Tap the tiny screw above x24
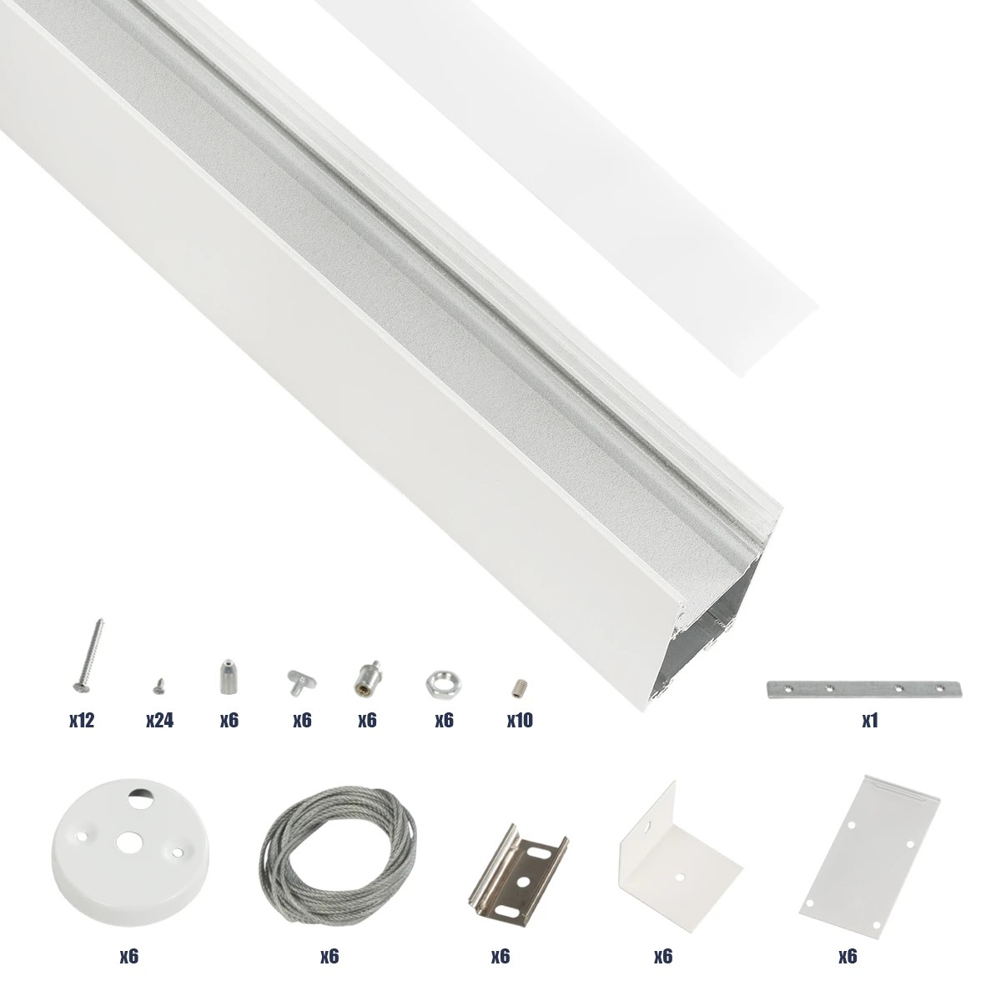(x=157, y=687)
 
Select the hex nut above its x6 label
(x=437, y=683)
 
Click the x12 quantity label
(x=82, y=721)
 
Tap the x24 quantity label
(x=158, y=721)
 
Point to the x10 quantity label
(x=520, y=721)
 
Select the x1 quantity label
(x=870, y=721)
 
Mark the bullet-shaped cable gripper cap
(x=226, y=677)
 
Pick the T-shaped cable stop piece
(x=299, y=681)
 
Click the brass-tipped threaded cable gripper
(x=367, y=677)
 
